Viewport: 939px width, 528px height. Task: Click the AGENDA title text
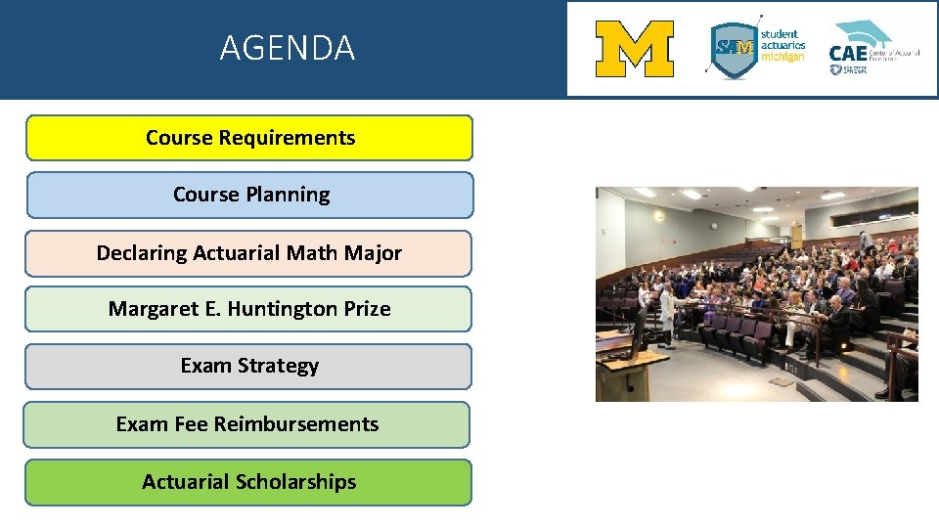(x=287, y=48)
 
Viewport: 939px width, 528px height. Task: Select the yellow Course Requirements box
(x=249, y=138)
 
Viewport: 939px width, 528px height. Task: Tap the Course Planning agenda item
(x=249, y=195)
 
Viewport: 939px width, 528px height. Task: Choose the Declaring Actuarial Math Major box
(x=248, y=253)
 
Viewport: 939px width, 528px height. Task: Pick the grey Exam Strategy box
(x=248, y=366)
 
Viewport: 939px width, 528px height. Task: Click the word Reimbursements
(x=296, y=424)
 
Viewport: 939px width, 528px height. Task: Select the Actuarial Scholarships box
(x=248, y=482)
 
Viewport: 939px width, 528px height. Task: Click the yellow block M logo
(x=635, y=49)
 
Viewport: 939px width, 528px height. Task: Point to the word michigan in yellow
(x=782, y=57)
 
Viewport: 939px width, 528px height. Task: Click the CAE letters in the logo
(x=848, y=53)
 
